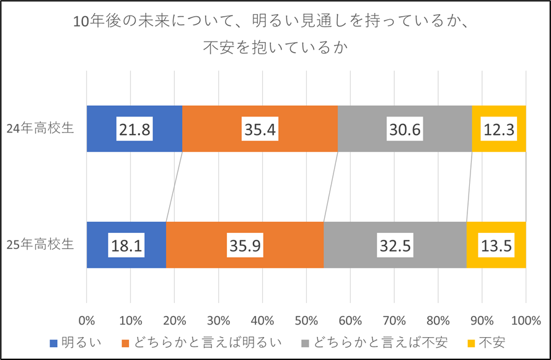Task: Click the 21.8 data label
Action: (x=134, y=129)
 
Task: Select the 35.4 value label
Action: (x=260, y=129)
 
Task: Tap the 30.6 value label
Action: (x=405, y=129)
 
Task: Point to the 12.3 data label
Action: (x=499, y=129)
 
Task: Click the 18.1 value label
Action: (x=126, y=245)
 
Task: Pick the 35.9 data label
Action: (x=244, y=245)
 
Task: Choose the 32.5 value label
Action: (x=395, y=245)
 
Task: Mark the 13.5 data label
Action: (x=496, y=245)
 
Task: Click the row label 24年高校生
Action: (x=40, y=129)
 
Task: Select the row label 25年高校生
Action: (x=40, y=244)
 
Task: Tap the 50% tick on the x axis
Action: (x=306, y=321)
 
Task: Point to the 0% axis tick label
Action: (x=87, y=321)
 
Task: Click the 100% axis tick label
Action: (x=526, y=321)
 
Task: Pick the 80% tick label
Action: (x=438, y=321)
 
